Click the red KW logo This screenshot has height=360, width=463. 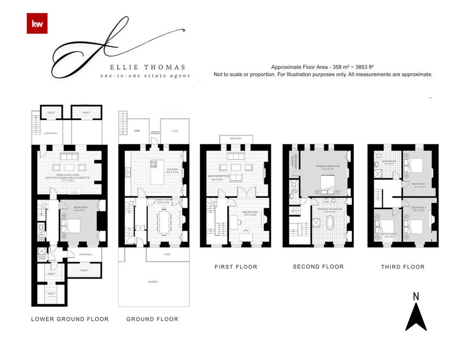(37, 24)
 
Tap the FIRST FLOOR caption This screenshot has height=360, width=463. (236, 267)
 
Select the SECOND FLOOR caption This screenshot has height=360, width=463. (318, 266)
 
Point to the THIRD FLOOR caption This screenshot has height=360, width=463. (403, 267)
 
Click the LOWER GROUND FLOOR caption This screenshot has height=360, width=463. (70, 319)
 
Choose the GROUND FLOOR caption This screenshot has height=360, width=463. (152, 319)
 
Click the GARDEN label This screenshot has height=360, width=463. (152, 282)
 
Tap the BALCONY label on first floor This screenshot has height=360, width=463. (236, 139)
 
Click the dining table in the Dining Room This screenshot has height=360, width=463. (164, 221)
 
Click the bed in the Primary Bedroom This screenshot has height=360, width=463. (323, 181)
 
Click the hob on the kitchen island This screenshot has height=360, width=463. (153, 164)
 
